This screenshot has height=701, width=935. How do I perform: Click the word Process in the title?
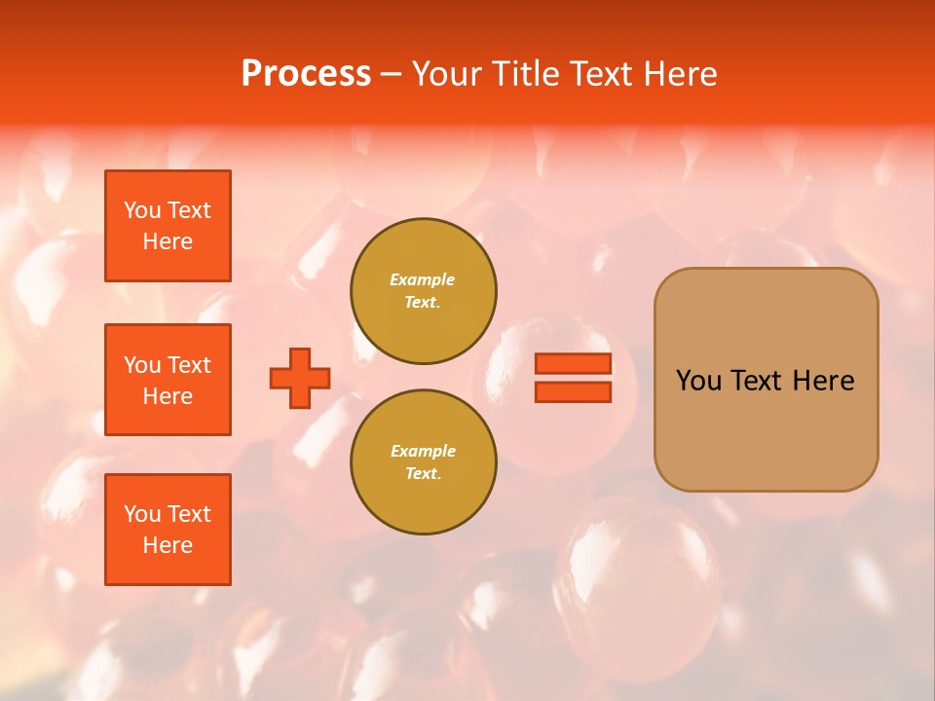coord(306,74)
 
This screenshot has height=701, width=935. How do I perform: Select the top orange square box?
coord(168,226)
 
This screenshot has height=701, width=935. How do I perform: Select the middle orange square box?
coord(168,380)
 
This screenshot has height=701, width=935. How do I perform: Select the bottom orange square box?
coord(168,530)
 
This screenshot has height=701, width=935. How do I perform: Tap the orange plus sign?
coord(300,378)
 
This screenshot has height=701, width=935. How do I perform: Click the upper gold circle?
coord(424,291)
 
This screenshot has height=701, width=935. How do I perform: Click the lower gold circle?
coord(424,462)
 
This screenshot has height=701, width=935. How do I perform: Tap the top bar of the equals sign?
coord(574,364)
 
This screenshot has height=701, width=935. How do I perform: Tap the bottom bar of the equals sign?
coord(574,391)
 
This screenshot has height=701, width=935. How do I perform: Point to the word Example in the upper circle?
coord(423,279)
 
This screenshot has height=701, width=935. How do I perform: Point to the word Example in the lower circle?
coord(423,451)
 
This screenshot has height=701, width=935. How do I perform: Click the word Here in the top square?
coord(168,241)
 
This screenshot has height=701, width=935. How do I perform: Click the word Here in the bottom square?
coord(168,545)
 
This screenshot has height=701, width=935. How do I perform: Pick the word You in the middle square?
coord(141,365)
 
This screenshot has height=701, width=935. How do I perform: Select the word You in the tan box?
coord(697,381)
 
